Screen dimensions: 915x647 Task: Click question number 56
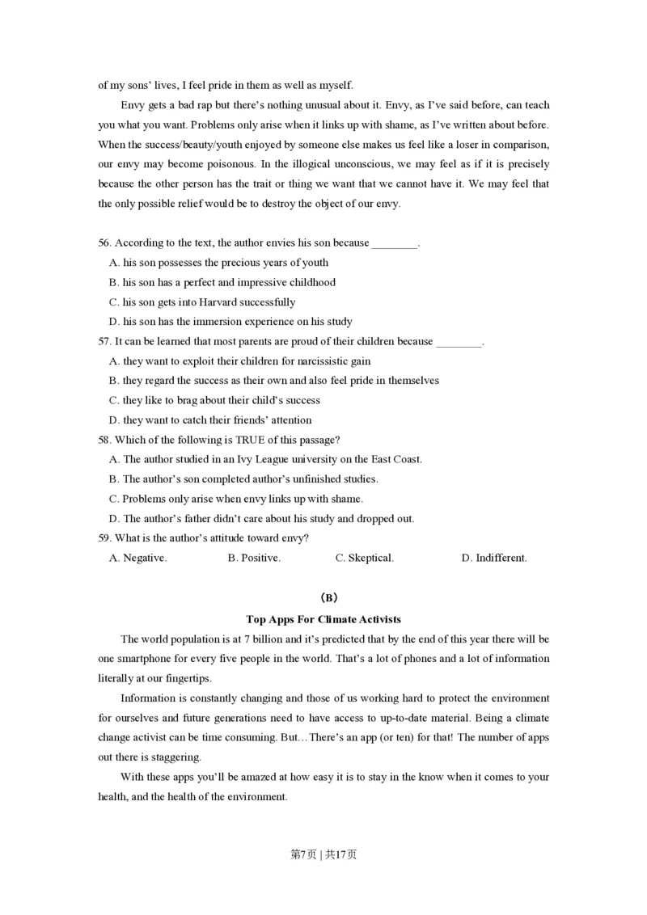click(104, 242)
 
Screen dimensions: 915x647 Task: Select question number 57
click(104, 341)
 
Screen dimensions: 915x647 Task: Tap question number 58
click(104, 440)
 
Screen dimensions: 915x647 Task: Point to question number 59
click(104, 538)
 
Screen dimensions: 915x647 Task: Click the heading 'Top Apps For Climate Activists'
click(323, 619)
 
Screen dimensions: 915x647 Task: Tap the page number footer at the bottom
click(323, 854)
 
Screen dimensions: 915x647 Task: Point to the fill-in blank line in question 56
click(395, 243)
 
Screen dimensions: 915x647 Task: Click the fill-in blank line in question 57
click(459, 342)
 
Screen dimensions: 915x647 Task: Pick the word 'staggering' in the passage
click(174, 757)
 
